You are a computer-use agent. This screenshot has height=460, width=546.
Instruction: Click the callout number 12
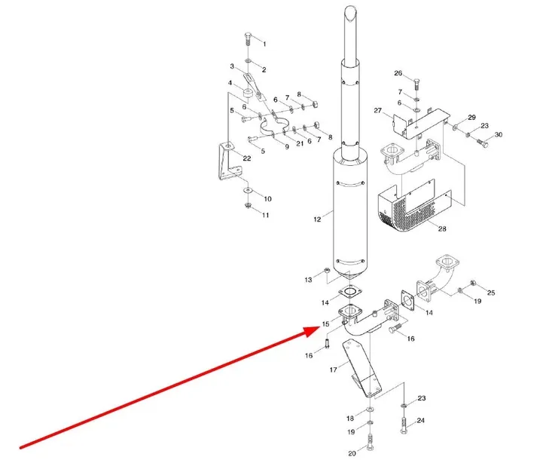(x=317, y=219)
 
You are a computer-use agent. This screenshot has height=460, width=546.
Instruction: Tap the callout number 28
(x=442, y=228)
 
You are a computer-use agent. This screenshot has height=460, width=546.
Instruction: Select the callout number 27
(x=378, y=111)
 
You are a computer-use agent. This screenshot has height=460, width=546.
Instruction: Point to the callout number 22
(x=247, y=158)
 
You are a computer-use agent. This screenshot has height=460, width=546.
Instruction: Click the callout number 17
(x=333, y=370)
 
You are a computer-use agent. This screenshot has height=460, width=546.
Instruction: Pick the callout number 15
(x=325, y=324)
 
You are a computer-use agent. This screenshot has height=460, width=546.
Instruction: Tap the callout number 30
(x=499, y=135)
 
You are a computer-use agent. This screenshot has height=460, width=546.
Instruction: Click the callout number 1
(x=264, y=44)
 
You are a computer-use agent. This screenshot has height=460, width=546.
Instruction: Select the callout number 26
(x=398, y=73)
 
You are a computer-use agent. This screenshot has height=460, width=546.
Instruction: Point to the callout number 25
(x=491, y=293)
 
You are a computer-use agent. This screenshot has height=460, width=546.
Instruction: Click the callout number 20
(x=352, y=453)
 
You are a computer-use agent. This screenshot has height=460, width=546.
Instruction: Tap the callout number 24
(x=421, y=421)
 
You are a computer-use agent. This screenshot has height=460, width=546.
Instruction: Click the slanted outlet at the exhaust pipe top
(x=350, y=14)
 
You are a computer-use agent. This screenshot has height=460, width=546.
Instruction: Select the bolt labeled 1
(x=249, y=38)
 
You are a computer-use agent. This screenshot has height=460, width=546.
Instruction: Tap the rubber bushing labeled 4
(x=247, y=94)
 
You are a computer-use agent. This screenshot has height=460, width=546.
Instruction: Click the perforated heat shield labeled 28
(x=414, y=209)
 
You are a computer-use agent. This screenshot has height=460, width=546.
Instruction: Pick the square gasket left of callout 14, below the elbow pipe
(x=407, y=299)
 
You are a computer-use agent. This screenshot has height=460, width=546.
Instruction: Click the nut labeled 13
(x=327, y=270)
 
